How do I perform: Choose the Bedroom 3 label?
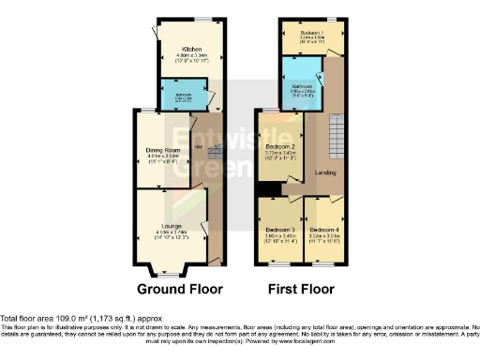tap(279, 230)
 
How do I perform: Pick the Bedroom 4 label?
tap(324, 230)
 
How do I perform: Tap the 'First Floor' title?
tap(301, 289)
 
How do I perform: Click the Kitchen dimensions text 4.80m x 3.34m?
tap(191, 54)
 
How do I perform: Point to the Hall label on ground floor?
tap(197, 145)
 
